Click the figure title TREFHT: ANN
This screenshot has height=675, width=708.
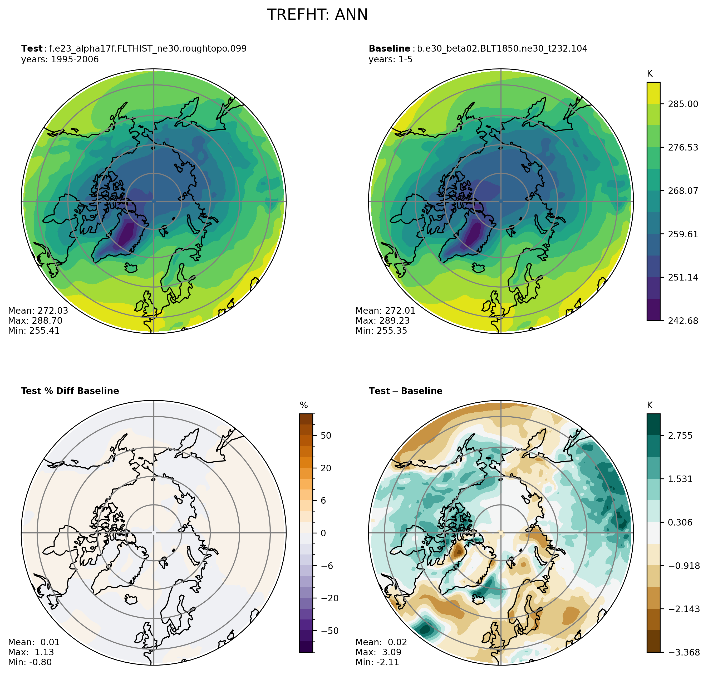click(317, 15)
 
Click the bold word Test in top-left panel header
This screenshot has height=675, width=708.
click(32, 49)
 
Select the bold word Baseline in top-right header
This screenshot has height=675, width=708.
click(389, 49)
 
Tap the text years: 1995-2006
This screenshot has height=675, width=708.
click(60, 59)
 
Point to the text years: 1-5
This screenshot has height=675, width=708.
click(390, 59)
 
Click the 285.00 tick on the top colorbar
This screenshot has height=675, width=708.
click(683, 104)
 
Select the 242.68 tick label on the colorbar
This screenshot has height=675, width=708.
click(683, 321)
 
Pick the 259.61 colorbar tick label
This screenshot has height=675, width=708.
click(683, 234)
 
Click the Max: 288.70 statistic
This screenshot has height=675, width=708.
click(35, 321)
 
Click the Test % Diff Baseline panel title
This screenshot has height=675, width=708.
click(70, 391)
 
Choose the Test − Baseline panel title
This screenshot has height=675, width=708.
click(406, 391)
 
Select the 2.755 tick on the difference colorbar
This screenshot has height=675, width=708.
click(680, 436)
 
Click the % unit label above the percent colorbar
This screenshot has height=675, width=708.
click(304, 406)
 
